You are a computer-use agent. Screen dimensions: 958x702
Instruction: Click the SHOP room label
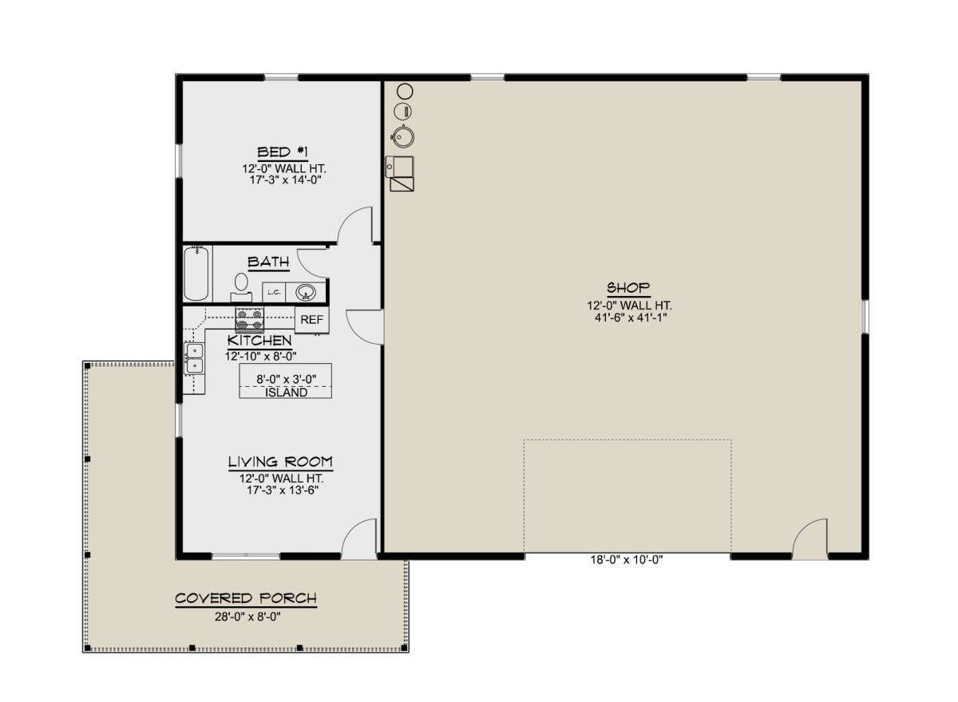point(628,287)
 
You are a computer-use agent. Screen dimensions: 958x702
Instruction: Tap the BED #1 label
point(283,152)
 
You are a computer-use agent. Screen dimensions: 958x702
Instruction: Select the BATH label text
point(268,262)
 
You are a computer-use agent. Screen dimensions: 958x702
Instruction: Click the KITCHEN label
point(259,341)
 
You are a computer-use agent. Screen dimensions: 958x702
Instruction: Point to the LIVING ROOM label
point(280,462)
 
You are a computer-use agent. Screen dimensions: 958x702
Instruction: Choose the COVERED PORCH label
point(246,598)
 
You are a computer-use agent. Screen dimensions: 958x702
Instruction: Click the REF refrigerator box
point(312,320)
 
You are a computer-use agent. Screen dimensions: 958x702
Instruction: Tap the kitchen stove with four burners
point(250,319)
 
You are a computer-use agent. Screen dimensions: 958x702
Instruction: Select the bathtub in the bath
point(196,273)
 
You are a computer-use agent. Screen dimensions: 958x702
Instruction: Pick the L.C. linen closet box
point(274,292)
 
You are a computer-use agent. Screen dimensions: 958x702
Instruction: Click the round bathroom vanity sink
point(304,292)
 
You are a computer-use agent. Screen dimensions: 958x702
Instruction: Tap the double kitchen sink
point(194,358)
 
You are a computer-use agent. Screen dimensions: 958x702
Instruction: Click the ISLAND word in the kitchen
point(286,392)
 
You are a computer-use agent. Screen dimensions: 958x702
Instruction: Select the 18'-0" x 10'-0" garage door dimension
point(627,559)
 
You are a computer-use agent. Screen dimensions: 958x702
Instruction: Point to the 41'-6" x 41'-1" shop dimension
point(631,317)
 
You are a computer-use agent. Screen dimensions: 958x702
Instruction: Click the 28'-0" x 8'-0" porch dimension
point(247,617)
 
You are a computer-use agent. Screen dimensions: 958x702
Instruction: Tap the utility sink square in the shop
point(400,167)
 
